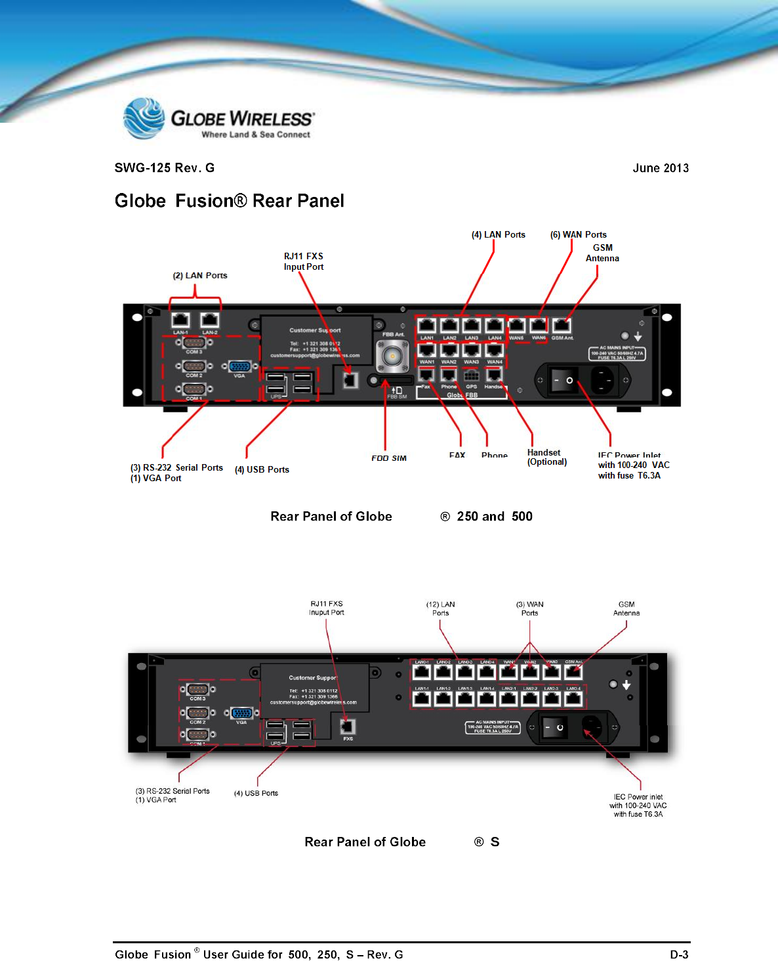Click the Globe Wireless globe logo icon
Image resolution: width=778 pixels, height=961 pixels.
[x=144, y=118]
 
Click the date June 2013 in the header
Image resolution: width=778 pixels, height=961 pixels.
[x=660, y=168]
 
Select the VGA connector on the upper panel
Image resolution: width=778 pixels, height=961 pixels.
[x=239, y=367]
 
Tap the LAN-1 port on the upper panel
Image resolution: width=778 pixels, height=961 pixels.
[x=180, y=320]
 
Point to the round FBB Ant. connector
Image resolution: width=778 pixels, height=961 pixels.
[x=392, y=357]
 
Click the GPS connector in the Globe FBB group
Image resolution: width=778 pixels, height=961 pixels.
[x=471, y=376]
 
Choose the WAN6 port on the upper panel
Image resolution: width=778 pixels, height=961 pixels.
[x=539, y=326]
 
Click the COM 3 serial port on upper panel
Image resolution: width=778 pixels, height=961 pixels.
[x=194, y=343]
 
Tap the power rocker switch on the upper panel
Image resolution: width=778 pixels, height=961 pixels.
[x=563, y=380]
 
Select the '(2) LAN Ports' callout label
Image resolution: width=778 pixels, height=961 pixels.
[x=200, y=276]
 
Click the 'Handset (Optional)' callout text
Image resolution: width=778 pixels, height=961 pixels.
[x=546, y=457]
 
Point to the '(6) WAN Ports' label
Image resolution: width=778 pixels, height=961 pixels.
[x=578, y=234]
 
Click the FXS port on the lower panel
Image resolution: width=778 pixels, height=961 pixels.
[x=348, y=727]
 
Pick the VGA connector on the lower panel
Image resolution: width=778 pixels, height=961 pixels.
[x=241, y=714]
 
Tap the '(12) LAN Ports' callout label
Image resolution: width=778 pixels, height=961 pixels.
[x=440, y=609]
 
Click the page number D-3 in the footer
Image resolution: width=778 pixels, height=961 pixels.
[x=679, y=954]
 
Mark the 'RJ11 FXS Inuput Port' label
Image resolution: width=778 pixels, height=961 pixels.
[x=327, y=608]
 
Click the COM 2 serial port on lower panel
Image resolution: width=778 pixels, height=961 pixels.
[x=197, y=713]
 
